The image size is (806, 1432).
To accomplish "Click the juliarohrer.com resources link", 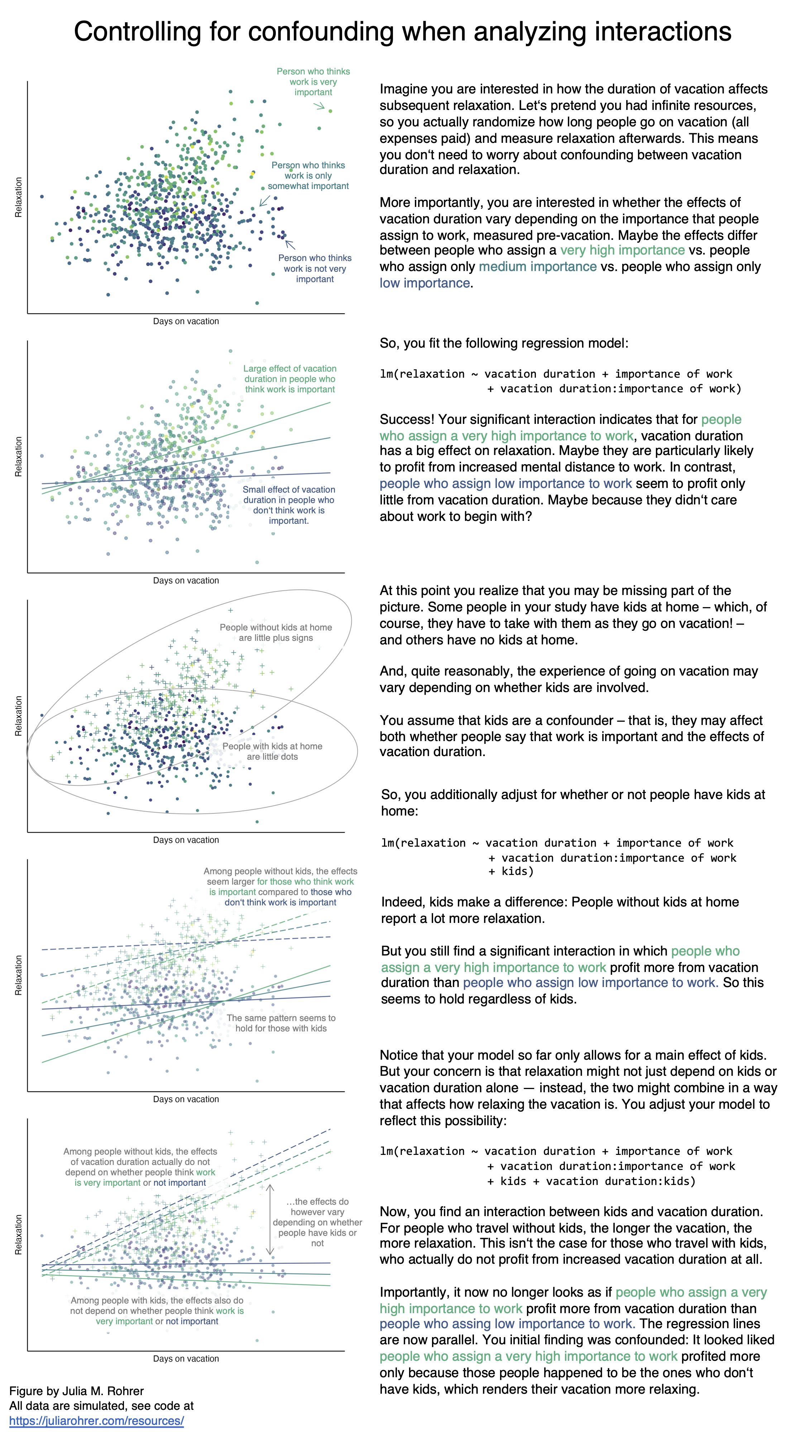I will (x=96, y=1420).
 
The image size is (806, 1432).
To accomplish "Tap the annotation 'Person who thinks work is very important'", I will (x=313, y=82).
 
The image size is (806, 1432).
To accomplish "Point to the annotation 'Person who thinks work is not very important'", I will (x=315, y=268).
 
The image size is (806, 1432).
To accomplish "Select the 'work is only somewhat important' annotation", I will (x=308, y=176).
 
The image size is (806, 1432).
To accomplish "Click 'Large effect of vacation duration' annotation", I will (x=290, y=378).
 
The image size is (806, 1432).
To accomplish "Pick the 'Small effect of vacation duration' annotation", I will (x=289, y=505).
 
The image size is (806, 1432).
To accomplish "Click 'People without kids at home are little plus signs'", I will (x=275, y=633).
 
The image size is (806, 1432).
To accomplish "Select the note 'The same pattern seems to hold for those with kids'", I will (x=281, y=1023).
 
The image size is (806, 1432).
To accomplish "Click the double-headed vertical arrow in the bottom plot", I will (x=270, y=1220).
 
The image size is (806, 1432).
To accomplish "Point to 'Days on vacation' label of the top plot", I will (x=186, y=321).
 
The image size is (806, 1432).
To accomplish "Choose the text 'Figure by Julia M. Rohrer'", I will (x=76, y=1391).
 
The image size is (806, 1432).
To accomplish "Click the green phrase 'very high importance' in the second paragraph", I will (x=622, y=250).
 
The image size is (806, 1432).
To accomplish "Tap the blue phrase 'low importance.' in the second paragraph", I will (x=426, y=283).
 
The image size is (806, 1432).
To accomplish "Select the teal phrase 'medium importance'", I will (x=537, y=267).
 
